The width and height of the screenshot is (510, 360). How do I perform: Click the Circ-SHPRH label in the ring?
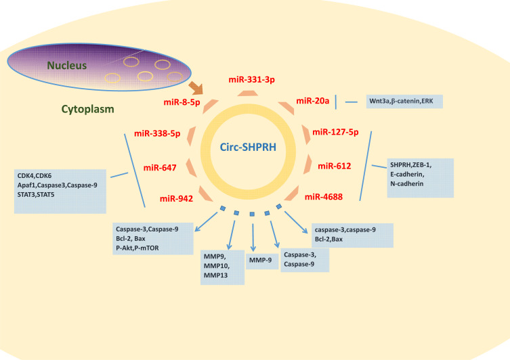pos(248,148)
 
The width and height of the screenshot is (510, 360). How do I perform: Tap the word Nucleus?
pos(67,66)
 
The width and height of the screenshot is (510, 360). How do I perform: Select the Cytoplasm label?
pos(88,109)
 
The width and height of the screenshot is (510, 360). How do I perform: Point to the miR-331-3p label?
pos(252,80)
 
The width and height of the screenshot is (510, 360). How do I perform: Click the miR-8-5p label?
pos(182,102)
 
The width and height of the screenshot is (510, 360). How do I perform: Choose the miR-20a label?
pos(313,101)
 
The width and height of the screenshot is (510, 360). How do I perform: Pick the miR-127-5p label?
pos(335,132)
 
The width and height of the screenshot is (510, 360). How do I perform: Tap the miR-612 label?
pos(335,166)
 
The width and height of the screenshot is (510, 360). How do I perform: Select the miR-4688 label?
pos(324,197)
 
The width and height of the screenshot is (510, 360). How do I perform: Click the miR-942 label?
pos(176,198)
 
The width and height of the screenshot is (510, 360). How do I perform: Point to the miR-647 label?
pos(160,168)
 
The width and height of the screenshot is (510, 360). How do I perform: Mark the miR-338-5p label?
pos(157,133)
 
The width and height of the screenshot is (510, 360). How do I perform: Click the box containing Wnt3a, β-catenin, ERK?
pos(404,102)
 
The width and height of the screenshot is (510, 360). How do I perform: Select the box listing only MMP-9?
pos(262,261)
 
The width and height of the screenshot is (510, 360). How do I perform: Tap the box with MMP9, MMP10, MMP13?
pos(222,267)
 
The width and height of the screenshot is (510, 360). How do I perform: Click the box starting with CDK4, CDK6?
pos(60,192)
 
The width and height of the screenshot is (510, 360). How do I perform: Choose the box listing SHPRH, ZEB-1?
pos(420,178)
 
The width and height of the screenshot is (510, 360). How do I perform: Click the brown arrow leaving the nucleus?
pos(196,88)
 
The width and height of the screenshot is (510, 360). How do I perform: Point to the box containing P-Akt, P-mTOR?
pos(153,238)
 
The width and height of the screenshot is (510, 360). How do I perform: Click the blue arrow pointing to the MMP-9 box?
pos(253,238)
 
